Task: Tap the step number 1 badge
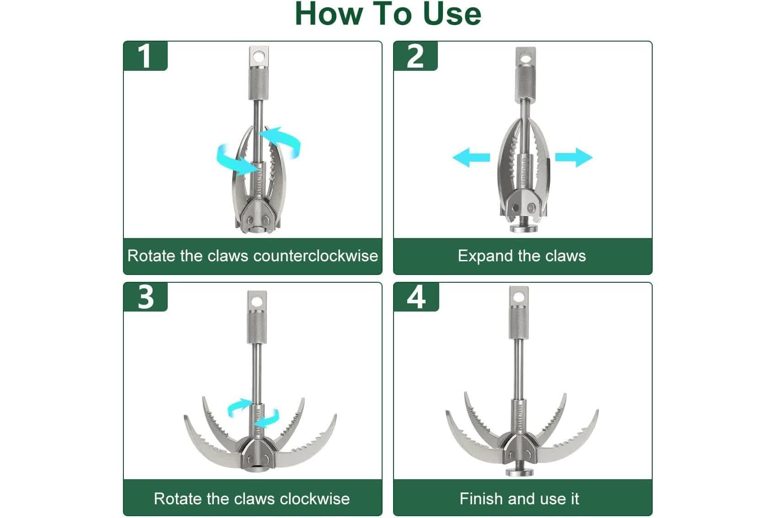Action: tap(145, 56)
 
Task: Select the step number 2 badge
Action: tap(415, 56)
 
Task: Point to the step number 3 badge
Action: tap(145, 297)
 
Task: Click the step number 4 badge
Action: tap(416, 297)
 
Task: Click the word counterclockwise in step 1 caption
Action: tap(316, 256)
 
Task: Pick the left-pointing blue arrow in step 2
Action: tap(471, 158)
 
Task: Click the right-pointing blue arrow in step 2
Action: tap(574, 158)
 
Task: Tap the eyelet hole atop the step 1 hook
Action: tap(258, 56)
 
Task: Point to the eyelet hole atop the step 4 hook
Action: tap(519, 297)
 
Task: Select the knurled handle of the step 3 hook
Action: tap(257, 326)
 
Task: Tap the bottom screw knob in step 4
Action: tap(519, 471)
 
